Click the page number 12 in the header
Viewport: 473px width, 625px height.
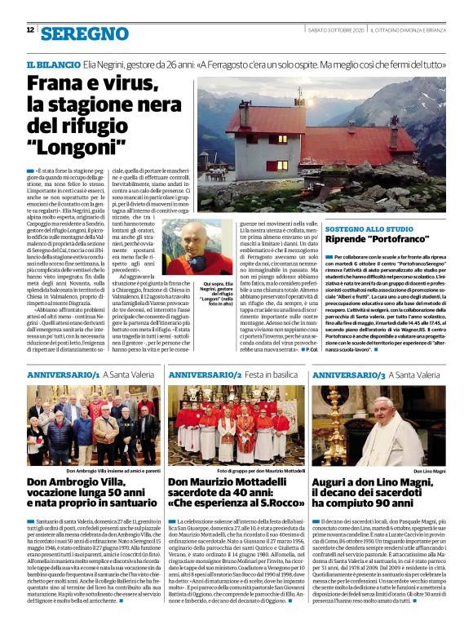point(30,30)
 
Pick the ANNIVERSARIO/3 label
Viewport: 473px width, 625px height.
point(347,375)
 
